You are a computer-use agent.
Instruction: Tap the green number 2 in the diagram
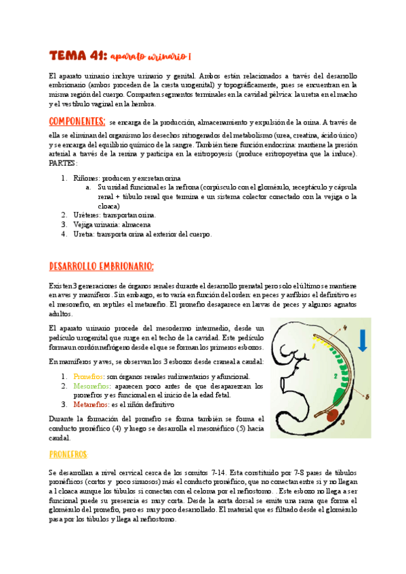(x=337, y=374)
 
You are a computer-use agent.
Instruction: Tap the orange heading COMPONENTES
(x=77, y=122)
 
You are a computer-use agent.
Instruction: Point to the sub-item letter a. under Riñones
(x=89, y=187)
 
